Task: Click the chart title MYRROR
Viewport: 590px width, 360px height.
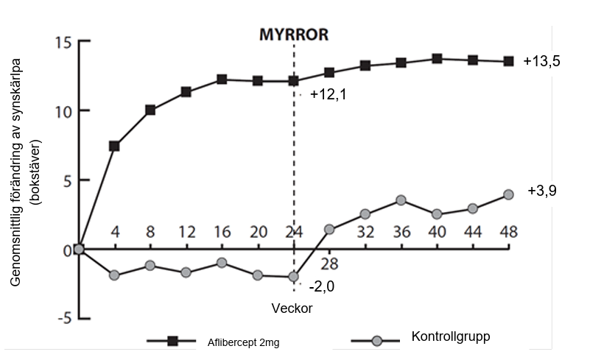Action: click(293, 34)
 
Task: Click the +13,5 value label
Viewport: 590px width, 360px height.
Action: click(542, 62)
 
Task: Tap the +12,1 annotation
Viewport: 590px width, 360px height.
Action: click(329, 95)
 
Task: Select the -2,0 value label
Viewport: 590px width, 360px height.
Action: click(321, 287)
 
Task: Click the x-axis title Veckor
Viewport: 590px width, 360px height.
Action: click(292, 308)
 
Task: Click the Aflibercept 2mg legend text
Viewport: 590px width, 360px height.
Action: click(240, 342)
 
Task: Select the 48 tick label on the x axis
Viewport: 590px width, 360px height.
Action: click(508, 231)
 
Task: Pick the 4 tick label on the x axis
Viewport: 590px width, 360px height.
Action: click(115, 231)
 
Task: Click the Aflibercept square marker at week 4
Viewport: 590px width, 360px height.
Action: click(115, 147)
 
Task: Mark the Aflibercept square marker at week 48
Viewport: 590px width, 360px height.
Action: click(508, 62)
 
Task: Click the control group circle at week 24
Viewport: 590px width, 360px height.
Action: click(294, 278)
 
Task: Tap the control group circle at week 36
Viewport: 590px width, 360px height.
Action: click(401, 200)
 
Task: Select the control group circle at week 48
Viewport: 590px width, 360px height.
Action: click(508, 194)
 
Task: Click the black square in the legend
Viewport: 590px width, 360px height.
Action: click(172, 341)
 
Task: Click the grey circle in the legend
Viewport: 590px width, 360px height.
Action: click(377, 341)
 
